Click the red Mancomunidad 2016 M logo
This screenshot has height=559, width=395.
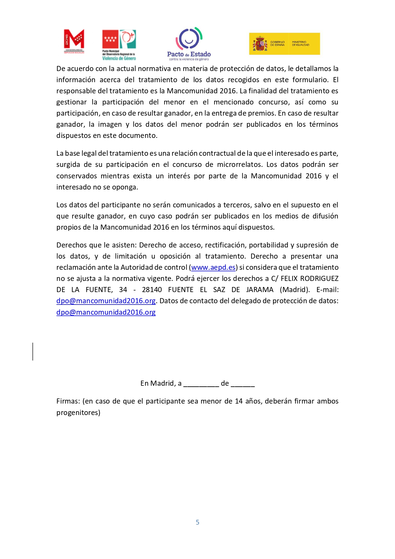[74, 41]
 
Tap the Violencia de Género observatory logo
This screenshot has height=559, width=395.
[119, 45]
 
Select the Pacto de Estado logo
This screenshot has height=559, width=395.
[189, 44]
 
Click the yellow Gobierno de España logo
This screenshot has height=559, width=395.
[284, 44]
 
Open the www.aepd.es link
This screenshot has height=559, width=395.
[213, 268]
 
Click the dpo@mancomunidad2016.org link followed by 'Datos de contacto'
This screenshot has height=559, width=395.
[106, 301]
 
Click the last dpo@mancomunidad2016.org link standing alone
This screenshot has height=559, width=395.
[106, 312]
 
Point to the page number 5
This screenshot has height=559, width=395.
[197, 522]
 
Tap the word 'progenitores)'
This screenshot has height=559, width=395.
[78, 413]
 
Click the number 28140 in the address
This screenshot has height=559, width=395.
[152, 290]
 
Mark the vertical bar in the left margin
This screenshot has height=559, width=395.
[33, 352]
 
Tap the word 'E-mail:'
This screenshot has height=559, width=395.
[328, 290]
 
